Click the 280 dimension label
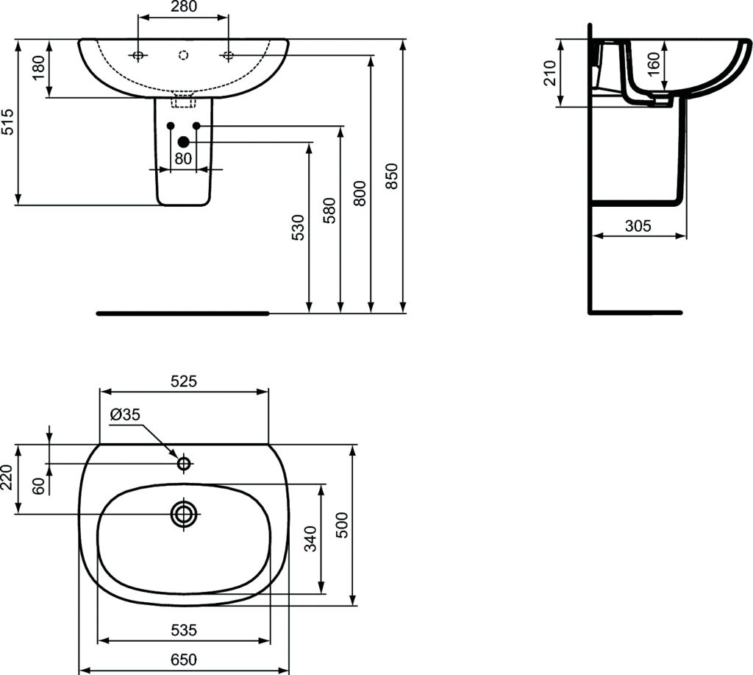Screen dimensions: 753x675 tap(184, 7)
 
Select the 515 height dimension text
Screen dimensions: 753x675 tap(8, 121)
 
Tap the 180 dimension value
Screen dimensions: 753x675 tap(40, 69)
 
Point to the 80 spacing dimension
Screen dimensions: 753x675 tap(183, 158)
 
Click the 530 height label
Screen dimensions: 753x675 tap(298, 229)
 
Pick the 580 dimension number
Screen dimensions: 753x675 tap(329, 211)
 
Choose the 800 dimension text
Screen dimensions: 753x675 tap(360, 193)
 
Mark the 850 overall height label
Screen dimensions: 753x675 tap(392, 177)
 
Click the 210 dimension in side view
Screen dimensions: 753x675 tap(549, 73)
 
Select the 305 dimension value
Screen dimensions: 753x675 tap(638, 226)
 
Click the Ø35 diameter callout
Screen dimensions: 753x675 tap(124, 415)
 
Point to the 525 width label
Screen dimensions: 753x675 tap(184, 381)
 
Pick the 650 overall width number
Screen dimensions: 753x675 tap(184, 660)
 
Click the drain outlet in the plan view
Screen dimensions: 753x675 tap(184, 514)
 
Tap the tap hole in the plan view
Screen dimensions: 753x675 tap(184, 463)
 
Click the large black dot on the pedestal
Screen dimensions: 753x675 tap(184, 142)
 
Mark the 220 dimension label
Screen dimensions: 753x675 tap(8, 479)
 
